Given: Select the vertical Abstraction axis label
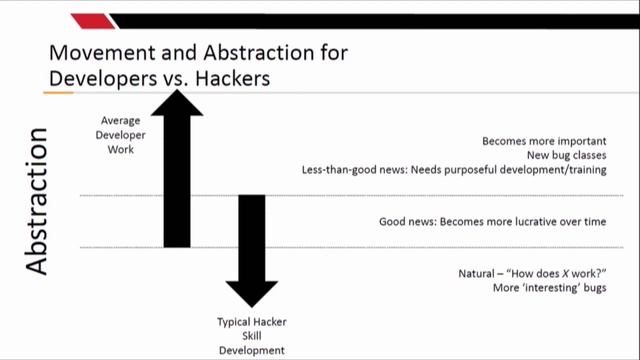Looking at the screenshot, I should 37,200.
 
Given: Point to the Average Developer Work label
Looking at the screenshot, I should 120,134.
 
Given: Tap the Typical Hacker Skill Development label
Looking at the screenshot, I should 251,336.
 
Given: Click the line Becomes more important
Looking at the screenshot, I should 544,141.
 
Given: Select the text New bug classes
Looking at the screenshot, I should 566,155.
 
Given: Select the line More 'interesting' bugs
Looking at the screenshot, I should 549,288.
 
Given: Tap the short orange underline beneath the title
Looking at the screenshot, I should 58,93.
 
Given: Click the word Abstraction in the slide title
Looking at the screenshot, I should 257,52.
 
